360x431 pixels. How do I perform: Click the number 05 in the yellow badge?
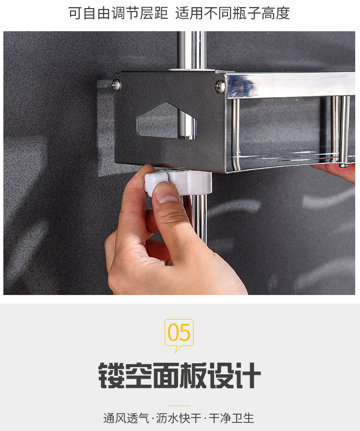point(179,332)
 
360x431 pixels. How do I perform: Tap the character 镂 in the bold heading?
point(112,375)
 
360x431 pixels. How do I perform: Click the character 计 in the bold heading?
point(248,375)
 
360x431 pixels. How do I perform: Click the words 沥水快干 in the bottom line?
point(179,418)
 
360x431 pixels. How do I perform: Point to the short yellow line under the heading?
point(179,406)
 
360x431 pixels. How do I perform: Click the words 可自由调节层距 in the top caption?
point(118,13)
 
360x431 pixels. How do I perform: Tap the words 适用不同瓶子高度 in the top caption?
point(232,13)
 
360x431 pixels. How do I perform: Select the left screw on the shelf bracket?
point(117,85)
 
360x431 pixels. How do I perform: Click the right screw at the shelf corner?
point(220,86)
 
